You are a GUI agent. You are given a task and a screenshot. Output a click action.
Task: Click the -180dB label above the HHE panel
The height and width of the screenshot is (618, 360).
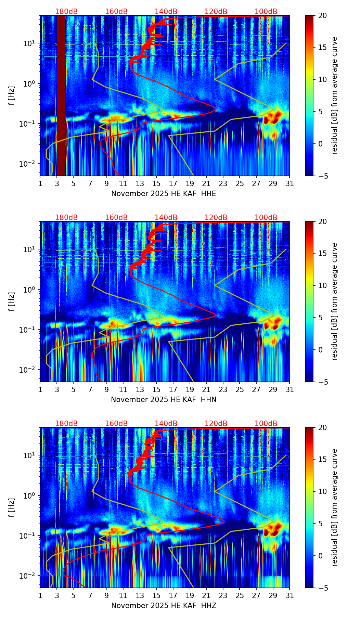(65, 12)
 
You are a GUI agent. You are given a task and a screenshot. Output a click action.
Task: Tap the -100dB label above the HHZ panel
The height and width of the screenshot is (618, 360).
(265, 424)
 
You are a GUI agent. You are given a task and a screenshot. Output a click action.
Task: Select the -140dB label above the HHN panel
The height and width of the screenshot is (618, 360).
(165, 218)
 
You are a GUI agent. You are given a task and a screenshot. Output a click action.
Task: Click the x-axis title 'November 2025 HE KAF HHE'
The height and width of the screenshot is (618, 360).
(164, 194)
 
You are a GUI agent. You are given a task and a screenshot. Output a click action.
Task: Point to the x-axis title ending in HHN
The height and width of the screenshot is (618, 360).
(164, 400)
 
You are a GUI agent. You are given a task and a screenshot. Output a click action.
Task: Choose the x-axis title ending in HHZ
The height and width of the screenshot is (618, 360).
(164, 606)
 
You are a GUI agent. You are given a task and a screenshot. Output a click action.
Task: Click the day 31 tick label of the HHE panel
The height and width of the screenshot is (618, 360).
(290, 184)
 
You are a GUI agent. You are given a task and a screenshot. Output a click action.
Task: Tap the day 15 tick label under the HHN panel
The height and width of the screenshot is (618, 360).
(156, 390)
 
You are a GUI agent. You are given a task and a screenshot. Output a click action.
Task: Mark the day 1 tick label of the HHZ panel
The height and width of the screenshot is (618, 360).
(40, 596)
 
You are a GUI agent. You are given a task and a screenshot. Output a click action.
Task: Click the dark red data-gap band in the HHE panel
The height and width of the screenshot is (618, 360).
(61, 96)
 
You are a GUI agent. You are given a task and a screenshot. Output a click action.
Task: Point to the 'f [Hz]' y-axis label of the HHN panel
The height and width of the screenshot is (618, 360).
(12, 301)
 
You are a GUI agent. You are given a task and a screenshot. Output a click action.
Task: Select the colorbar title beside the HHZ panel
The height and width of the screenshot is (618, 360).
(335, 507)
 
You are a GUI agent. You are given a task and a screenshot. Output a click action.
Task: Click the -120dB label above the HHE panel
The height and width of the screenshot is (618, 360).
(215, 12)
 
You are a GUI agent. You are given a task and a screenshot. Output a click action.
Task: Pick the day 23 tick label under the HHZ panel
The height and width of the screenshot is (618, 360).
(223, 596)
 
